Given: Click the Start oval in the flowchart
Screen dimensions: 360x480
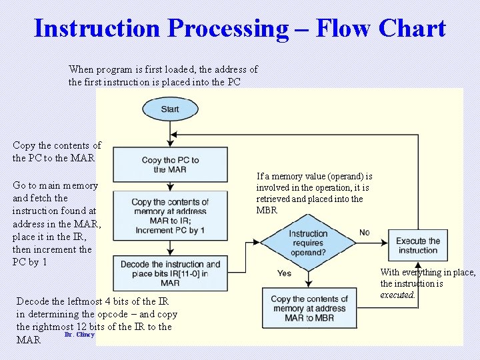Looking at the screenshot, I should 170,109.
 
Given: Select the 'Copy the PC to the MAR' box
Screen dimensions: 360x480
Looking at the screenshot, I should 170,165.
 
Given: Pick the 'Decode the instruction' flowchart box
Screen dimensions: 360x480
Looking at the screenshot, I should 170,273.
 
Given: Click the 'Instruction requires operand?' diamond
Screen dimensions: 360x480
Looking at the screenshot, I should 308,243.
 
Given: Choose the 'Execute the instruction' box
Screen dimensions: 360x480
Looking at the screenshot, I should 418,245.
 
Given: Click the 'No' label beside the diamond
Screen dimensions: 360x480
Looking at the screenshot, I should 365,232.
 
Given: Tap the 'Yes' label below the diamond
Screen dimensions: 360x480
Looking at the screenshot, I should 284,273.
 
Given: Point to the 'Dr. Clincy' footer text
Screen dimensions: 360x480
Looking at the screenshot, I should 79,335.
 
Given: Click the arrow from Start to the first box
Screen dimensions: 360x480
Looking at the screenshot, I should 170,133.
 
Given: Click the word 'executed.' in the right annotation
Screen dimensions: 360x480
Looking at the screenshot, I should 397,295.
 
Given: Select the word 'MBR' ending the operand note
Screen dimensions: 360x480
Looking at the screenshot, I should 267,211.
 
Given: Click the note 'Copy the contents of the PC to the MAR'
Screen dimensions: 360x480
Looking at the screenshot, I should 57,152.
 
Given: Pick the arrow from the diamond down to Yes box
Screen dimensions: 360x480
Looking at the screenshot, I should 308,278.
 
